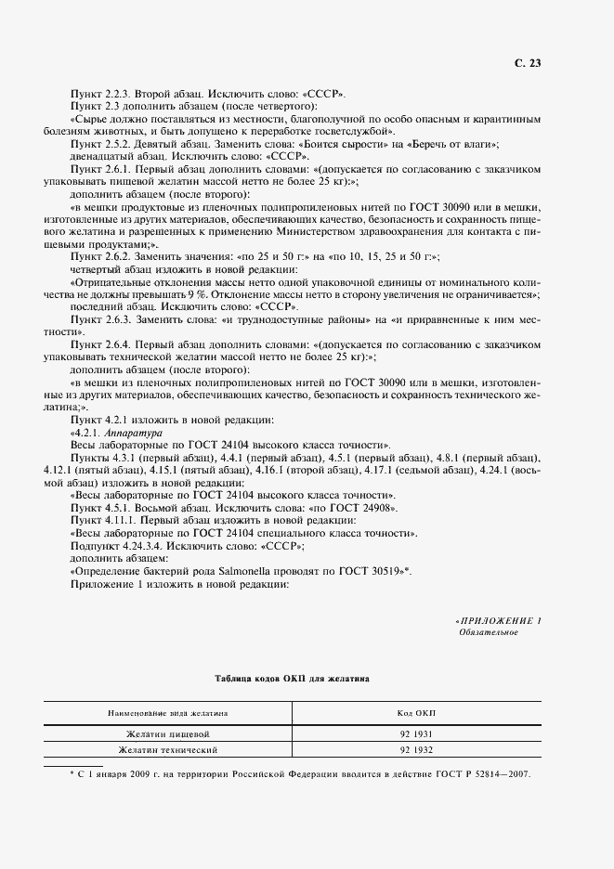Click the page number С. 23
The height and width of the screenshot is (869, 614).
coord(527,63)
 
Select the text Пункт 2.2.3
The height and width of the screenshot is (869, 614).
coord(100,95)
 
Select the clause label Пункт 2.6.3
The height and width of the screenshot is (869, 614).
coord(100,318)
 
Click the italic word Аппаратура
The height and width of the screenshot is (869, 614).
coord(136,433)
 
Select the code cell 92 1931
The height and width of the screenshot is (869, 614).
coord(417,733)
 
